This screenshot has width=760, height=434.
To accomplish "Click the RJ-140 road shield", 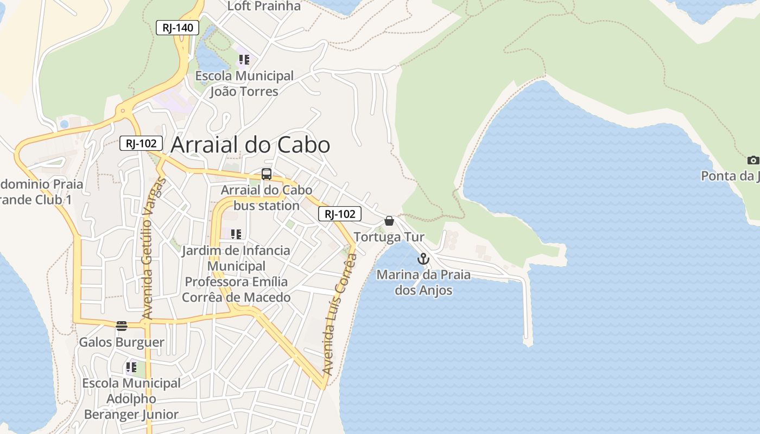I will coord(178,28).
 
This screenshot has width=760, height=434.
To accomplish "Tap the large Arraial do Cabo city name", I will coord(250,145).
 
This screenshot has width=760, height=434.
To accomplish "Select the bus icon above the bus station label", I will coord(266,174).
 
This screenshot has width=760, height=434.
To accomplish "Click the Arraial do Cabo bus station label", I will coord(266,197).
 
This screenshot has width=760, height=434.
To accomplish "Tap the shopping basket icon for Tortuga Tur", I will coord(389,221).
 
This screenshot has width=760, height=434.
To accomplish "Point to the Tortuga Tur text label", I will coord(389,237).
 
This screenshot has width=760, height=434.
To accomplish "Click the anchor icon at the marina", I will coord(423,259).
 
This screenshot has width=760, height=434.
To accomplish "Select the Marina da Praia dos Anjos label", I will coord(423,282).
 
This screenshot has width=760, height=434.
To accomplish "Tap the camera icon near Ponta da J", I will coord(752,160).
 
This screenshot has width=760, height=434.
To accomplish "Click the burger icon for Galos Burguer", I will coord(122,326).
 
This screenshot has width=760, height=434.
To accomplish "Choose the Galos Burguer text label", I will coord(122,342).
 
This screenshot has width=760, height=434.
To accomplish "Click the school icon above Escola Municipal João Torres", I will coord(244,60).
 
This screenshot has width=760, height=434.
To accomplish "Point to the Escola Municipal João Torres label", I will coord(244,84).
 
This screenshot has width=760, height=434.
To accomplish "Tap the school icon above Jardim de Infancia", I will coord(236,234).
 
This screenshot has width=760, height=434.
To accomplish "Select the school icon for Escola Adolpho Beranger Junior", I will coord(131,367).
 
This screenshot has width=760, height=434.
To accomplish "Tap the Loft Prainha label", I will coord(264,7).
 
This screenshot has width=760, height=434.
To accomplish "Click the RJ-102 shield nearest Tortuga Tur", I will coord(339,214).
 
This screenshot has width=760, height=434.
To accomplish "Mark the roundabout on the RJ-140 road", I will coord(123,111).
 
